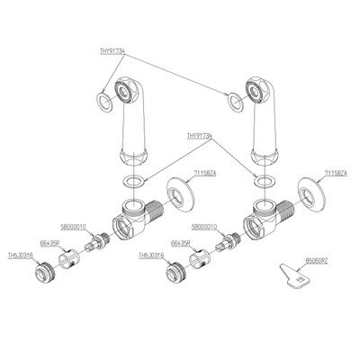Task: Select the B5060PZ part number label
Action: point(316,259)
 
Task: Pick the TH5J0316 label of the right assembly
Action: point(151,255)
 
